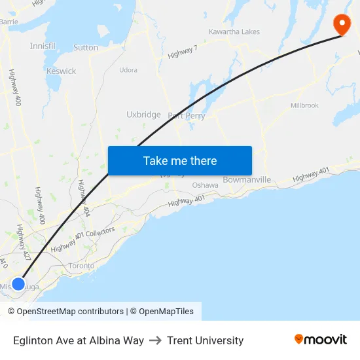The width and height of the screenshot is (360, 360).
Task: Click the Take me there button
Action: pyautogui.click(x=179, y=160)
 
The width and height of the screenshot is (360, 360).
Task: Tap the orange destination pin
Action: pyautogui.click(x=342, y=24)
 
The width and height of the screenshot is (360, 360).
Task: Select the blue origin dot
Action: pyautogui.click(x=18, y=283)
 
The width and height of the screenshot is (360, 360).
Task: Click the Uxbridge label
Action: pyautogui.click(x=143, y=115)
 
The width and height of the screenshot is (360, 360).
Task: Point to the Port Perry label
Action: pyautogui.click(x=187, y=116)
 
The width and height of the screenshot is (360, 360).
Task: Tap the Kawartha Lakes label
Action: pyautogui.click(x=234, y=31)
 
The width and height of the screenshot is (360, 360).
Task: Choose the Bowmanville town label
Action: pyautogui.click(x=247, y=179)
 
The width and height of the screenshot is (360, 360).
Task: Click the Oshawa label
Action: pyautogui.click(x=205, y=185)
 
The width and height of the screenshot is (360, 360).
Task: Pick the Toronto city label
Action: pyautogui.click(x=82, y=266)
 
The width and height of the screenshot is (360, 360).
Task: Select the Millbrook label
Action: pyautogui.click(x=304, y=105)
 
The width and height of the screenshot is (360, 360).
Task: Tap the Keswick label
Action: pyautogui.click(x=61, y=71)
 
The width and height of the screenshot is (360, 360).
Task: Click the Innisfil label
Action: pyautogui.click(x=43, y=46)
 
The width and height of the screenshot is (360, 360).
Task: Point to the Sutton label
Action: pyautogui.click(x=86, y=47)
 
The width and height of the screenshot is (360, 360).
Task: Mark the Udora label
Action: pyautogui.click(x=128, y=69)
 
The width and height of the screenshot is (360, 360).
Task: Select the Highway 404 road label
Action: pyautogui.click(x=83, y=198)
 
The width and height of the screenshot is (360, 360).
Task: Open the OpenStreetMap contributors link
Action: pyautogui.click(x=70, y=312)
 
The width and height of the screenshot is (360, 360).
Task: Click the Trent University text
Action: pyautogui.click(x=205, y=340)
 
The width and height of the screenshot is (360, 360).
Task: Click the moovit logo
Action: pyautogui.click(x=321, y=339)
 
